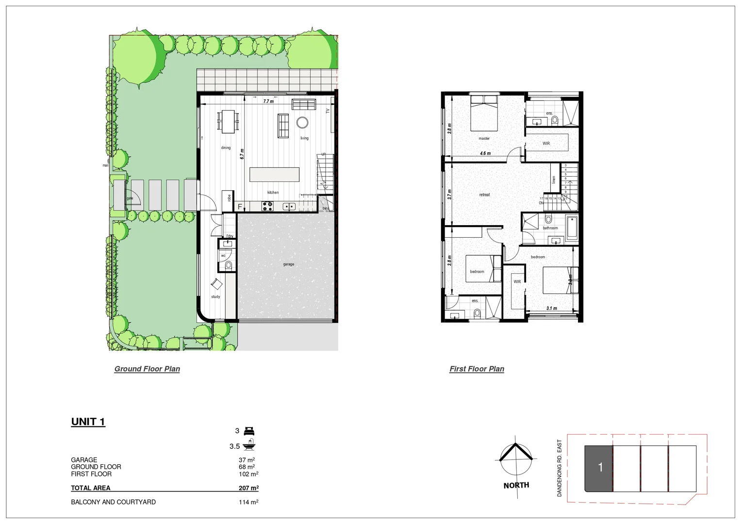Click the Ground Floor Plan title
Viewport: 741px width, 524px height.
147,369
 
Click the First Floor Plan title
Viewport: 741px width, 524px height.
477,369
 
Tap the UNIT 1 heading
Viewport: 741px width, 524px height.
88,422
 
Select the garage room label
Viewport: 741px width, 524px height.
289,264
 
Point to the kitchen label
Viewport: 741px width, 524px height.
273,193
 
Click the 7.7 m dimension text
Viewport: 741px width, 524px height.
268,101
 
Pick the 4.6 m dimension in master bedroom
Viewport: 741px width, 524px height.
485,153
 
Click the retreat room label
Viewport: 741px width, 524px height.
484,195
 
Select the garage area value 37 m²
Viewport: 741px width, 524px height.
247,460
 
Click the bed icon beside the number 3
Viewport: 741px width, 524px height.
249,431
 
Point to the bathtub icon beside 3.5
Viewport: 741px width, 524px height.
250,445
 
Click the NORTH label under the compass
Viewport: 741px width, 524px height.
516,485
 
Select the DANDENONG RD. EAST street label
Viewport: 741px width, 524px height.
559,468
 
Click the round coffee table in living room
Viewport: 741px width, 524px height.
302,122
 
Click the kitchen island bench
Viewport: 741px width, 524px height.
274,174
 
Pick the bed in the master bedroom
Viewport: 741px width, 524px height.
484,113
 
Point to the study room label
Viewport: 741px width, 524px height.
215,296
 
